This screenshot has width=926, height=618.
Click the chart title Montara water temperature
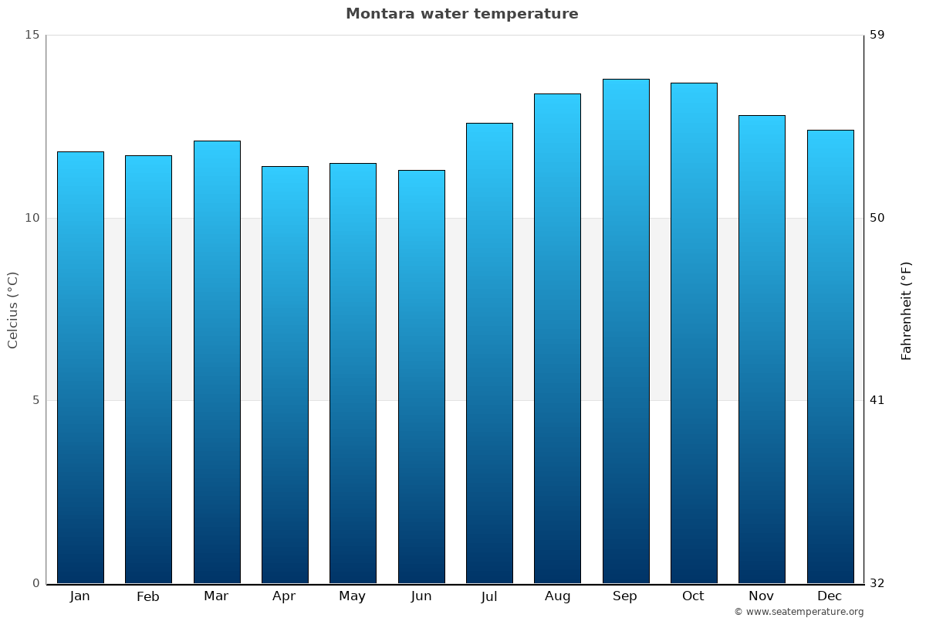click(x=461, y=14)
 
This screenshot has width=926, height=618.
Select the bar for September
click(x=626, y=332)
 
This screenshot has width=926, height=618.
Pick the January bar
click(x=80, y=368)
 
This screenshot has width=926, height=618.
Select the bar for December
click(x=830, y=357)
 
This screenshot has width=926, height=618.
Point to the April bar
click(x=285, y=375)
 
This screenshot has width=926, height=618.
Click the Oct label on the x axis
click(x=693, y=596)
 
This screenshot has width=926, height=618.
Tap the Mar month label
click(x=216, y=596)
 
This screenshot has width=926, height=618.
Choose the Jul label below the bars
click(x=489, y=596)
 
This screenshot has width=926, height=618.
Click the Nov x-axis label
click(x=761, y=596)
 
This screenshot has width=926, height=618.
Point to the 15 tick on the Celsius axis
click(x=32, y=35)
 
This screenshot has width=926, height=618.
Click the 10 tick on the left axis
click(x=32, y=218)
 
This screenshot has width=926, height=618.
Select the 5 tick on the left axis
click(x=35, y=400)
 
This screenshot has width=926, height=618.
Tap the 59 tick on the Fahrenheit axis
click(x=877, y=35)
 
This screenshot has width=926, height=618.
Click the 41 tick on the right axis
click(x=877, y=400)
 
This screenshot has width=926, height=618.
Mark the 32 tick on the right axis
click(x=877, y=583)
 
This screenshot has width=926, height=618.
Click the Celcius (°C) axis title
click(x=12, y=310)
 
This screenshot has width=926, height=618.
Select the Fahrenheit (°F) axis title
click(x=907, y=310)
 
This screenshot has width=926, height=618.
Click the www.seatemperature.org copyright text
click(x=799, y=612)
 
